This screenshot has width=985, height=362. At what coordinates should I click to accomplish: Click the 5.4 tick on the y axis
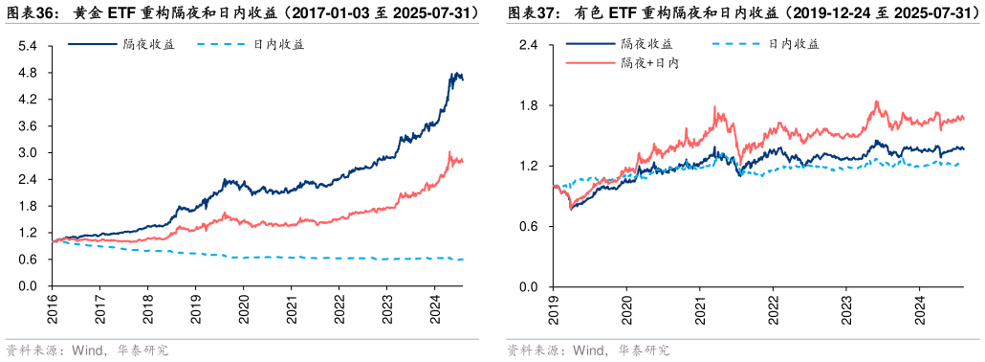pyautogui.click(x=28, y=46)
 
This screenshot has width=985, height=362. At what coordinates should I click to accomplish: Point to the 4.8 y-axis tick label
pyautogui.click(x=28, y=73)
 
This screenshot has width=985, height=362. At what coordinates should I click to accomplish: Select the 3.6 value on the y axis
pyautogui.click(x=28, y=126)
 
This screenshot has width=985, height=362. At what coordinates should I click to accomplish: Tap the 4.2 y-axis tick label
pyautogui.click(x=28, y=100)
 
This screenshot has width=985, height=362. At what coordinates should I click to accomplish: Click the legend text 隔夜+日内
pyautogui.click(x=649, y=62)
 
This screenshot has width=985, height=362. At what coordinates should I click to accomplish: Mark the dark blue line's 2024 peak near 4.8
pyautogui.click(x=454, y=73)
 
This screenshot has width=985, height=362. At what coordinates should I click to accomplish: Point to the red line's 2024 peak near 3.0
pyautogui.click(x=450, y=152)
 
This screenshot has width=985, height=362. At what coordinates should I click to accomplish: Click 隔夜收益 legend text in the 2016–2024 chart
pyautogui.click(x=148, y=44)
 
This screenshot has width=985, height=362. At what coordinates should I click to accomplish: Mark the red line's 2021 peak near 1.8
pyautogui.click(x=714, y=107)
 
